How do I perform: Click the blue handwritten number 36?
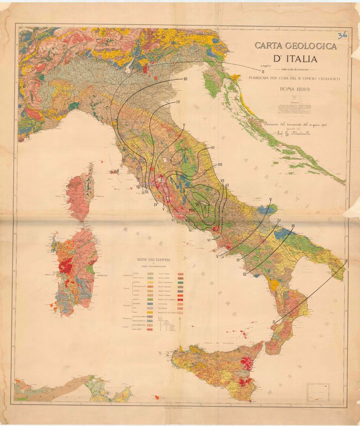[342, 34]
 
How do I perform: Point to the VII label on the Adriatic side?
[220, 164]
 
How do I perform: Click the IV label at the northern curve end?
[179, 102]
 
